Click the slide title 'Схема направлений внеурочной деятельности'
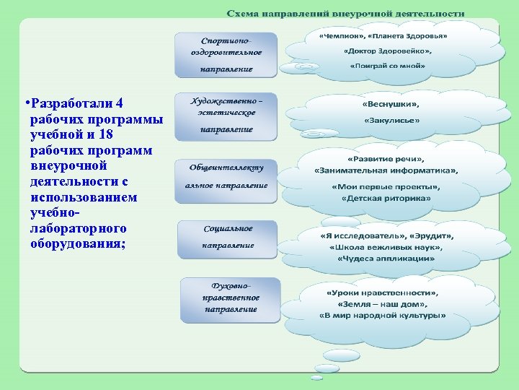tap(346, 14)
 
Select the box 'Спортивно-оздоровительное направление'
tap(226, 53)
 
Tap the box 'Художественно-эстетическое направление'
tap(226, 115)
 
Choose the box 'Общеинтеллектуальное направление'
tap(226, 176)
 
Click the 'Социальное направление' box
tap(227, 237)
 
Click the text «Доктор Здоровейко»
tap(388, 51)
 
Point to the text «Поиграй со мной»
tap(388, 66)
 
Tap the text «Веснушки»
tap(390, 104)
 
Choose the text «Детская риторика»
tap(386, 198)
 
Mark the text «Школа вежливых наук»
tap(386, 247)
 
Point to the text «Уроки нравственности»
tap(383, 293)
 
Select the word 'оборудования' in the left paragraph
tap(76, 243)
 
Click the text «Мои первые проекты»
tap(386, 187)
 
